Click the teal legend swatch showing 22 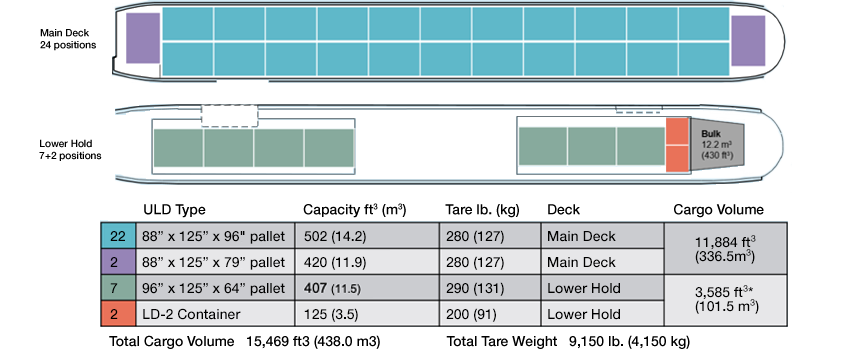point(116,237)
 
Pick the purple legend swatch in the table point(116,263)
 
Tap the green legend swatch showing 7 point(116,289)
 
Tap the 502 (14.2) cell point(366,237)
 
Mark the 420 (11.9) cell point(366,263)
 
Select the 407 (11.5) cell point(366,289)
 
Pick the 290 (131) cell point(490,289)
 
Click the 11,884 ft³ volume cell point(724,249)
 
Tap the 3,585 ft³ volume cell point(724,301)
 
